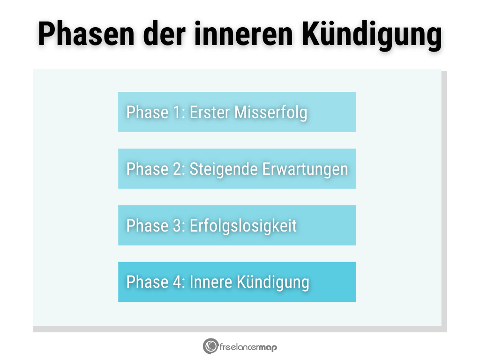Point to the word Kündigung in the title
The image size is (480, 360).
point(372,35)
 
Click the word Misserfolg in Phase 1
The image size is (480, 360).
point(271,112)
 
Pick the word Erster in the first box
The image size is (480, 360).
point(210,112)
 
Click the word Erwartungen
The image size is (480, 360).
point(305,169)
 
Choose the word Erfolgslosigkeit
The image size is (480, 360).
point(243,226)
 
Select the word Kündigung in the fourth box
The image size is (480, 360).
point(273,283)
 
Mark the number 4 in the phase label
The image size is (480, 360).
point(179,282)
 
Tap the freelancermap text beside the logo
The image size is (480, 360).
point(248,347)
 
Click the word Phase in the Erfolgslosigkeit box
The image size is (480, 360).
point(148,226)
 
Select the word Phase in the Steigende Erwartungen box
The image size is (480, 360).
point(148,169)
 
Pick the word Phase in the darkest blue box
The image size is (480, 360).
point(148,282)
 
